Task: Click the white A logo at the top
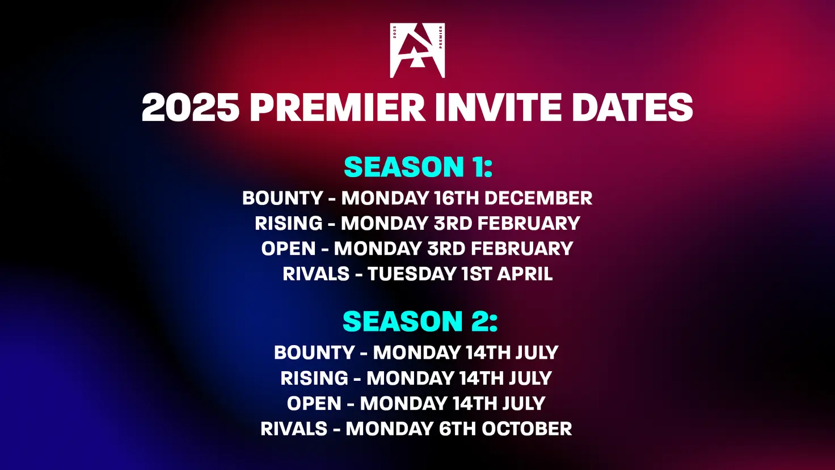click(x=417, y=51)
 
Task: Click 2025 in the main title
click(x=191, y=107)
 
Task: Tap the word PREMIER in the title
click(x=338, y=107)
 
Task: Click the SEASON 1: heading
click(x=418, y=167)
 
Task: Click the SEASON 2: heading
click(x=420, y=321)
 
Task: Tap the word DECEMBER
click(x=538, y=198)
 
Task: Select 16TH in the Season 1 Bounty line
click(x=457, y=198)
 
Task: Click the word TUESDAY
click(x=411, y=274)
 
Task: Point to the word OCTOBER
click(x=526, y=428)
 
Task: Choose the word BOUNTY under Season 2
click(x=314, y=352)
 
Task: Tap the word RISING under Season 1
click(x=289, y=223)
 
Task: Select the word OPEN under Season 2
click(x=314, y=403)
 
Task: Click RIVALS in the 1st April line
click(x=316, y=274)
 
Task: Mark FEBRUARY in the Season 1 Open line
click(x=522, y=249)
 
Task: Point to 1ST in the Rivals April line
click(x=476, y=274)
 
